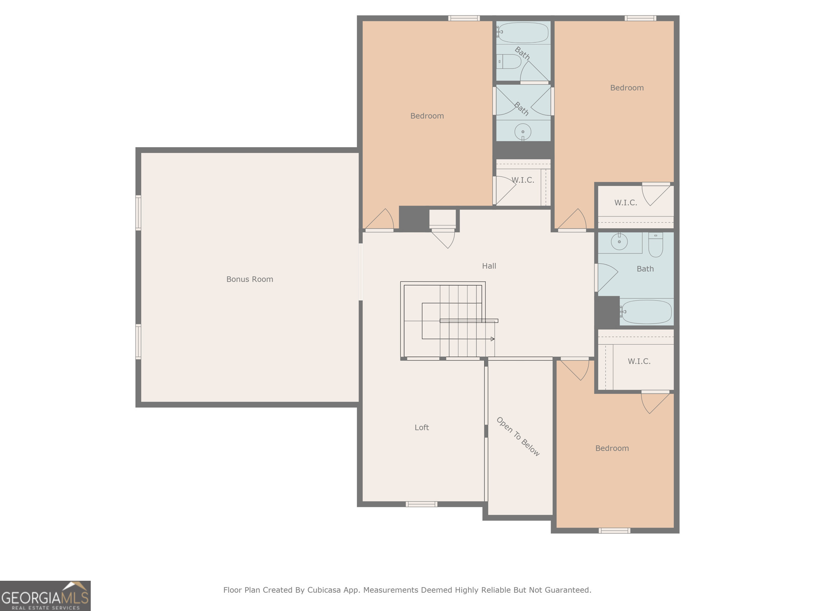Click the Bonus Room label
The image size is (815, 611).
[x=250, y=279]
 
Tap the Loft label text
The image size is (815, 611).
[x=421, y=427]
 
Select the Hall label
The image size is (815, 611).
[x=489, y=266]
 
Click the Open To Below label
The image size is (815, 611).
[x=518, y=437]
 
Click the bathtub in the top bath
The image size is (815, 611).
[x=523, y=33]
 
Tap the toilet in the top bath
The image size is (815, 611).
[x=510, y=62]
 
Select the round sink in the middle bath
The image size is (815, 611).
[x=523, y=132]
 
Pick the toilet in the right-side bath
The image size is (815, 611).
[x=655, y=245]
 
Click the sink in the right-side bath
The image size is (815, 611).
[x=619, y=241]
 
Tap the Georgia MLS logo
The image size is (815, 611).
[x=45, y=595]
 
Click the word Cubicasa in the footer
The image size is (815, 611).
[x=324, y=590]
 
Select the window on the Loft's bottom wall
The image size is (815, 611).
[x=421, y=504]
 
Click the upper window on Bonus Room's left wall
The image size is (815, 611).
[x=138, y=212]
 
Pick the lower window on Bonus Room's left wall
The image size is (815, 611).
[x=138, y=342]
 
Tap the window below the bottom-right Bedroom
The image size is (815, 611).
[x=614, y=530]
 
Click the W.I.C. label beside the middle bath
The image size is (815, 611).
[x=523, y=180]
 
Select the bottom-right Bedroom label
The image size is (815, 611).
[x=612, y=448]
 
